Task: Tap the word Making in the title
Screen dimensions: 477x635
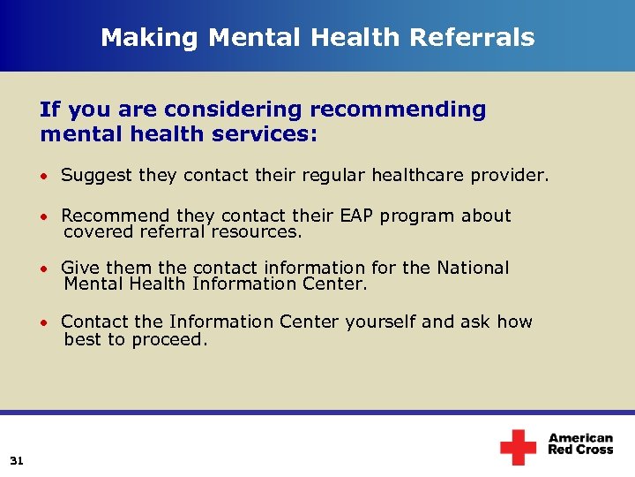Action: point(137,37)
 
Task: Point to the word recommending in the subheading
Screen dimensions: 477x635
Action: point(398,110)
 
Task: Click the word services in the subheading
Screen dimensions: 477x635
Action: point(268,134)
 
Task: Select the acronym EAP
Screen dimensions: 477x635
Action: point(355,216)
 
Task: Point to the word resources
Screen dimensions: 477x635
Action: point(265,231)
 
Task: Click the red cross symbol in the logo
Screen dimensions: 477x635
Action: point(518,447)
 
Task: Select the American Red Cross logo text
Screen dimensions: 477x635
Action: point(580,443)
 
